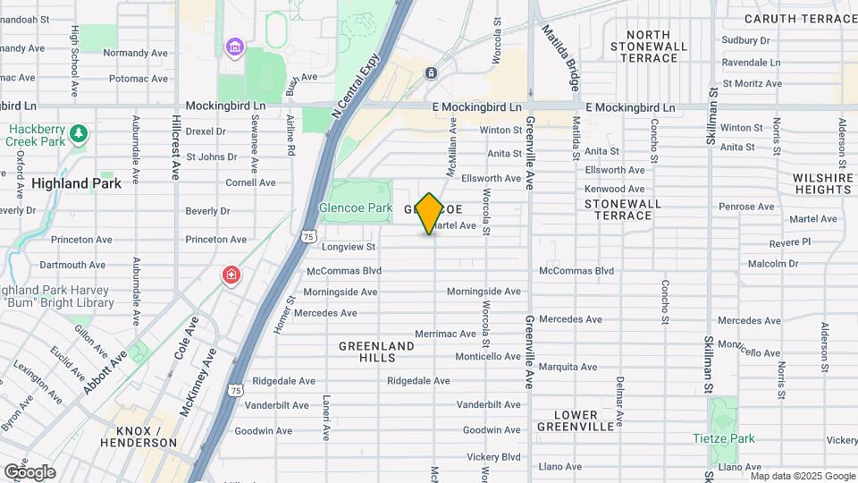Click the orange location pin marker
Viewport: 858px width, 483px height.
coord(429,213)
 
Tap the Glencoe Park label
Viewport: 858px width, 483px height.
coord(356,208)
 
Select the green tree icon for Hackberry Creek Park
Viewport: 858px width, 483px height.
coord(80,132)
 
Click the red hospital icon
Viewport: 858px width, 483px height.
coord(231,275)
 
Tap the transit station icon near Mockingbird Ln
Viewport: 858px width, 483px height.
coord(431,73)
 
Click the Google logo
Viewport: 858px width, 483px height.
coord(29,471)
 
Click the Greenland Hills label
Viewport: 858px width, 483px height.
coord(376,352)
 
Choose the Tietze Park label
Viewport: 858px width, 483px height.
coord(724,438)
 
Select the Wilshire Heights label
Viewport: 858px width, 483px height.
coord(822,184)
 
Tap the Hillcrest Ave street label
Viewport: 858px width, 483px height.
coord(177,148)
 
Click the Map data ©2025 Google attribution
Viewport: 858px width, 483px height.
coord(802,476)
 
